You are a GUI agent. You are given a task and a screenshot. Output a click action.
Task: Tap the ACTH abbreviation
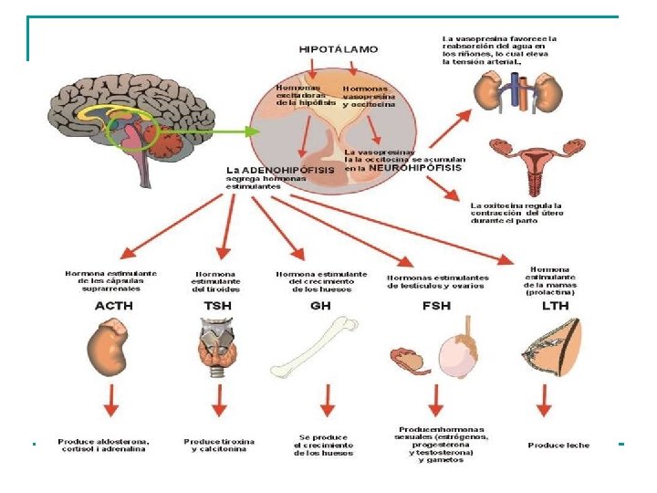(x=114, y=306)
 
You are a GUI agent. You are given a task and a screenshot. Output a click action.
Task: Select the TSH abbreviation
(x=216, y=306)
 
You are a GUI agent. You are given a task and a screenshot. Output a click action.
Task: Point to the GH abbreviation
(x=320, y=306)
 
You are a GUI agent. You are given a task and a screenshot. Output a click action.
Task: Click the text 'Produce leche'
(x=558, y=446)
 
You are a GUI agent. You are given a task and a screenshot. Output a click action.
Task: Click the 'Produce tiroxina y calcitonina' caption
(x=219, y=446)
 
